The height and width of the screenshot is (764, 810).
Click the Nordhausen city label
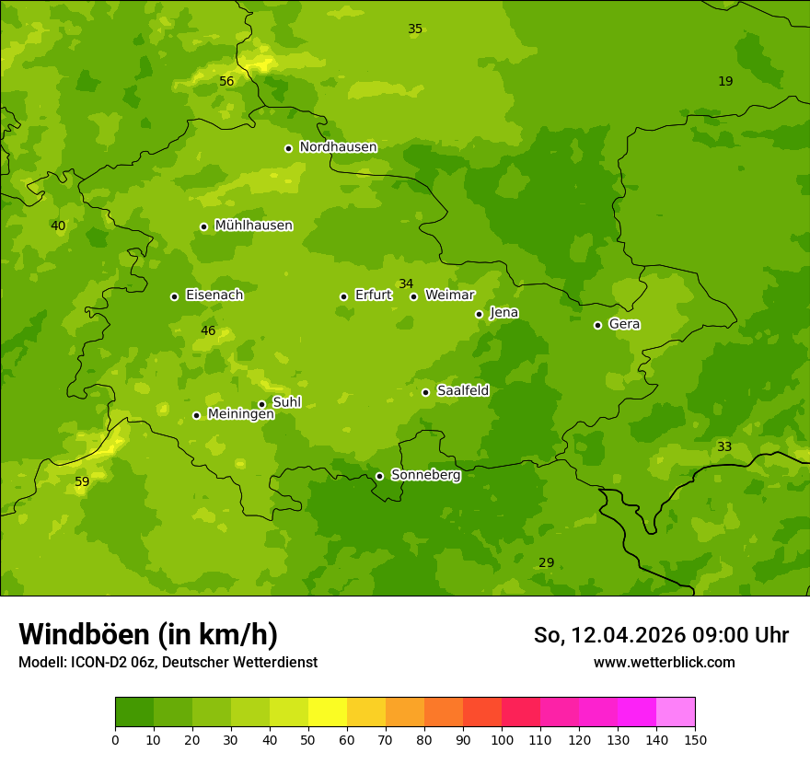[338, 147]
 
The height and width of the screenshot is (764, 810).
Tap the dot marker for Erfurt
[343, 296]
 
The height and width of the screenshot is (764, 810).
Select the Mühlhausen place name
[253, 226]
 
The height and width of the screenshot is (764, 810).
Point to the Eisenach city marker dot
[174, 296]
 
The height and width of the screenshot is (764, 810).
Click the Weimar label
[449, 295]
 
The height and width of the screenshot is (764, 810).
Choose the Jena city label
[503, 313]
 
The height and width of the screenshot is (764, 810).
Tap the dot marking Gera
[597, 325]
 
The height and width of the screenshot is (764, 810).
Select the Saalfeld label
[462, 391]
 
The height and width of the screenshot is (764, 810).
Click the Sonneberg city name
[425, 475]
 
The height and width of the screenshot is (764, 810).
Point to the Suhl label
[286, 402]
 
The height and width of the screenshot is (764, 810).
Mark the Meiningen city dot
[196, 415]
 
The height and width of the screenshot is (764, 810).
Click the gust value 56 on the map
[226, 82]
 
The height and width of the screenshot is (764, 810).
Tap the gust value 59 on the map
[82, 482]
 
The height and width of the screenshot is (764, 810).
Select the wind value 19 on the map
[725, 82]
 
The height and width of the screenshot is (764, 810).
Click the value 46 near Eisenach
[208, 331]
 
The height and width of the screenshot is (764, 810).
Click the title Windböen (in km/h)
[148, 634]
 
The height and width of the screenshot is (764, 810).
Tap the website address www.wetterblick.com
[664, 663]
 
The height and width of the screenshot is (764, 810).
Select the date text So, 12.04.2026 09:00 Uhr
[661, 635]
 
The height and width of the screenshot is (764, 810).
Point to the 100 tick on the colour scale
[502, 739]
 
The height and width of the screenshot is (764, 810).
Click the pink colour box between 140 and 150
[676, 712]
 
